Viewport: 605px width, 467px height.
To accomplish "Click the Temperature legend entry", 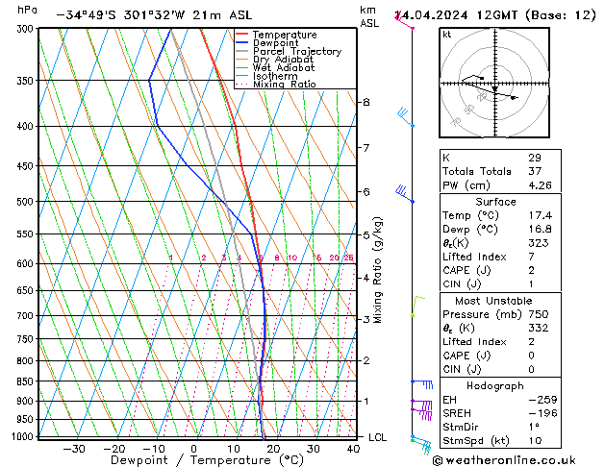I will (x=284, y=35).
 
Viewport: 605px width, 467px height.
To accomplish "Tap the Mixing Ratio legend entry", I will (x=284, y=85).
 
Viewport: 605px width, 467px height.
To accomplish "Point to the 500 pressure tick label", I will (x=26, y=202).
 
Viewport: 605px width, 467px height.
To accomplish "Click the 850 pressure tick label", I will (x=26, y=381).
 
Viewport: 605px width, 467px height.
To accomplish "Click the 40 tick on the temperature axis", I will (x=354, y=448).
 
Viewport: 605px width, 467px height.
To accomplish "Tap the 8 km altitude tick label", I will (x=366, y=102).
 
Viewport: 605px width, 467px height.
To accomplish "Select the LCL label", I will (x=379, y=437).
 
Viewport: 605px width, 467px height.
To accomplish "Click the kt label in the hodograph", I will (x=447, y=35).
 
